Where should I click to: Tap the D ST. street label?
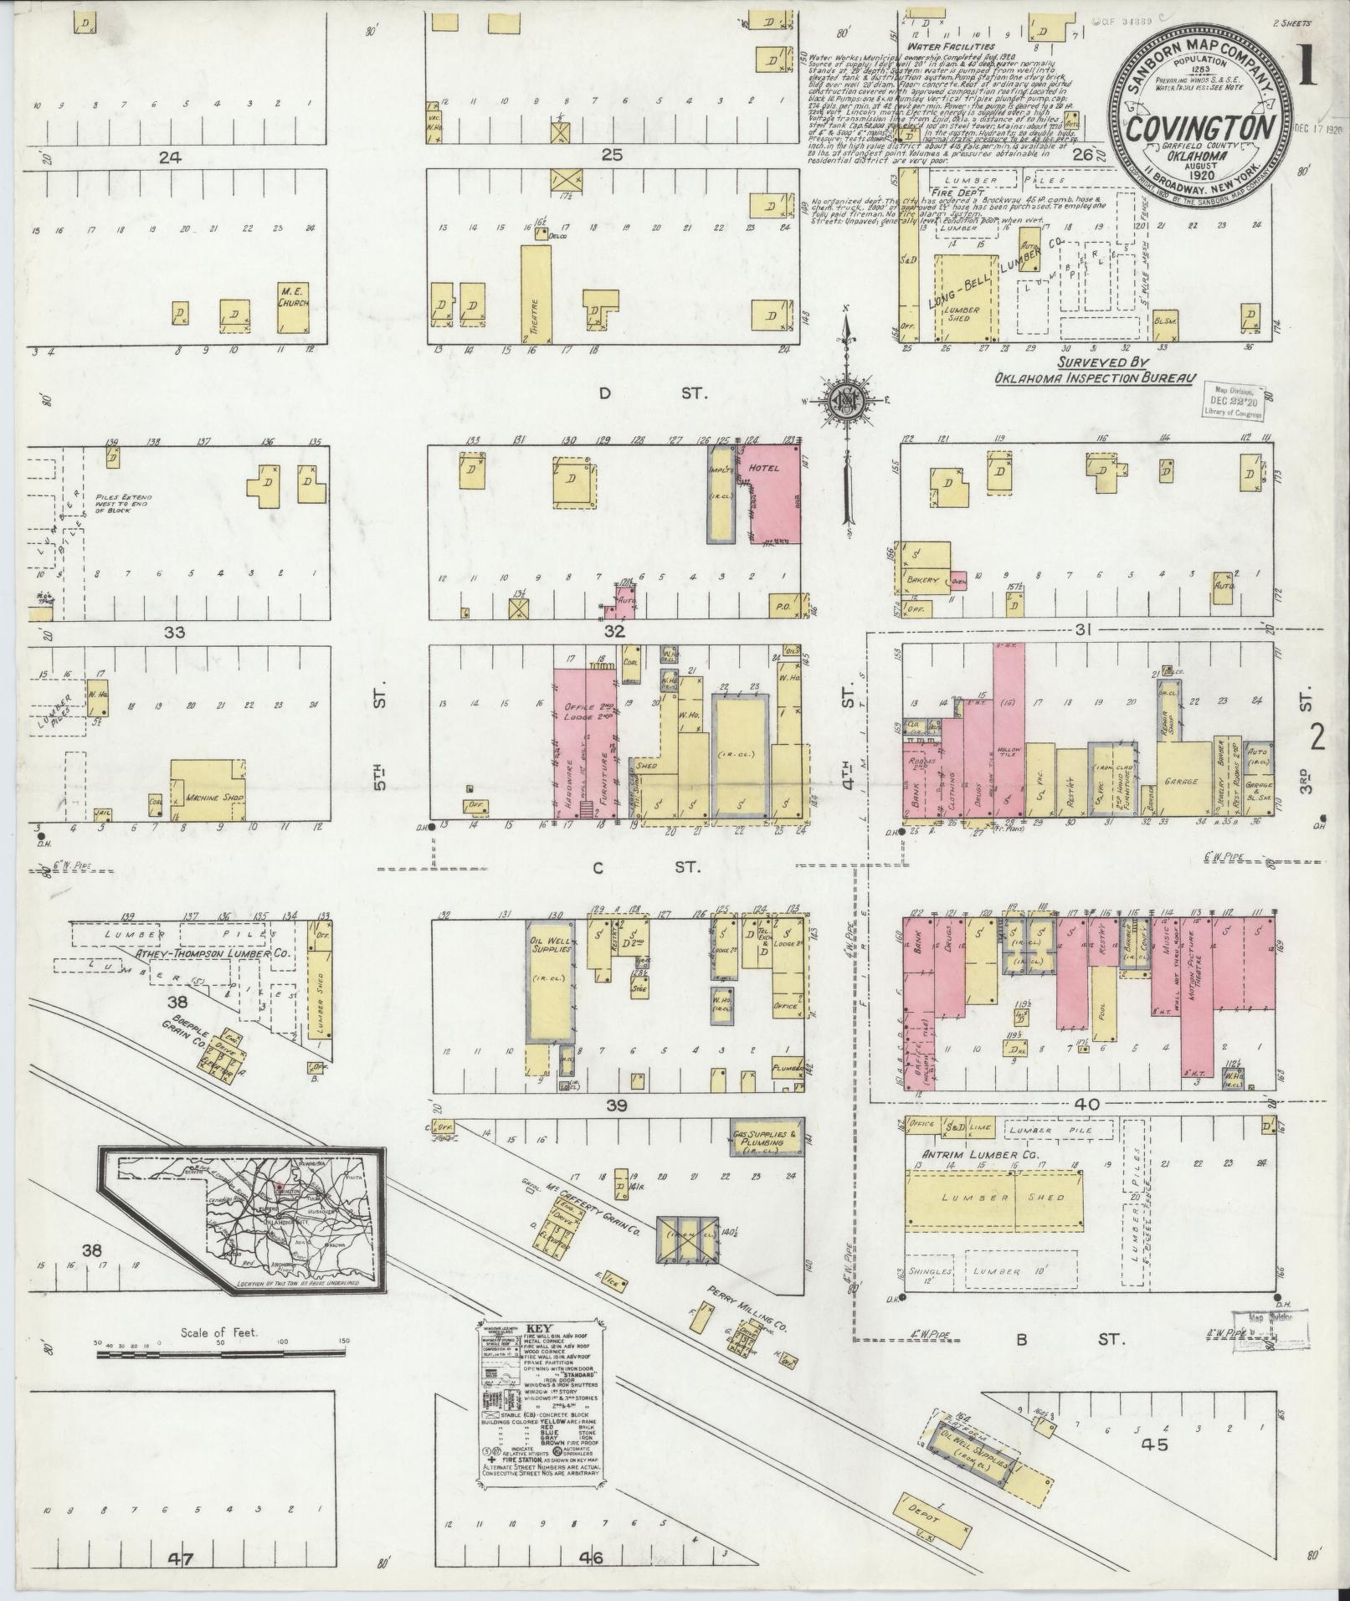642,393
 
